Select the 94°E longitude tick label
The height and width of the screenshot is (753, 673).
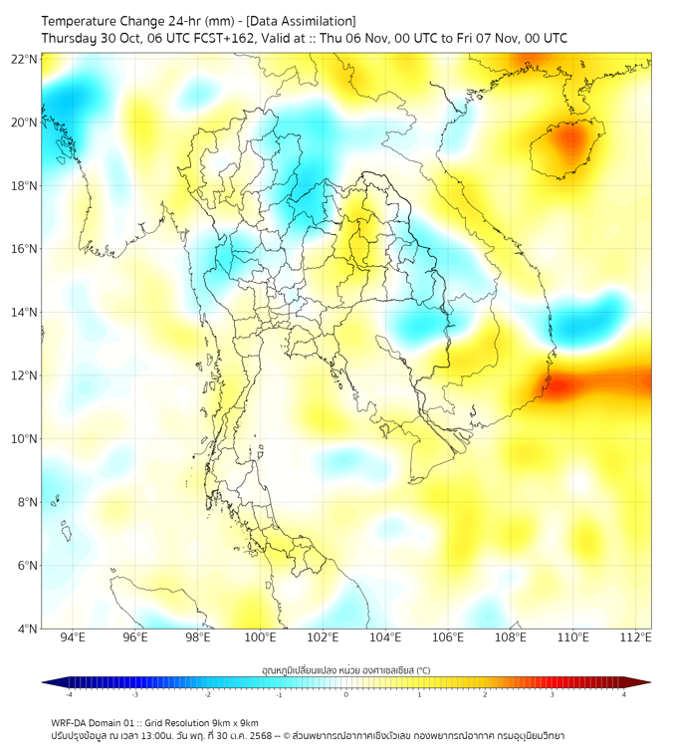(73, 637)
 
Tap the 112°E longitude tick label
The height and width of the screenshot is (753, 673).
(636, 637)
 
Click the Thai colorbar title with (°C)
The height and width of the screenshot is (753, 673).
(345, 670)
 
